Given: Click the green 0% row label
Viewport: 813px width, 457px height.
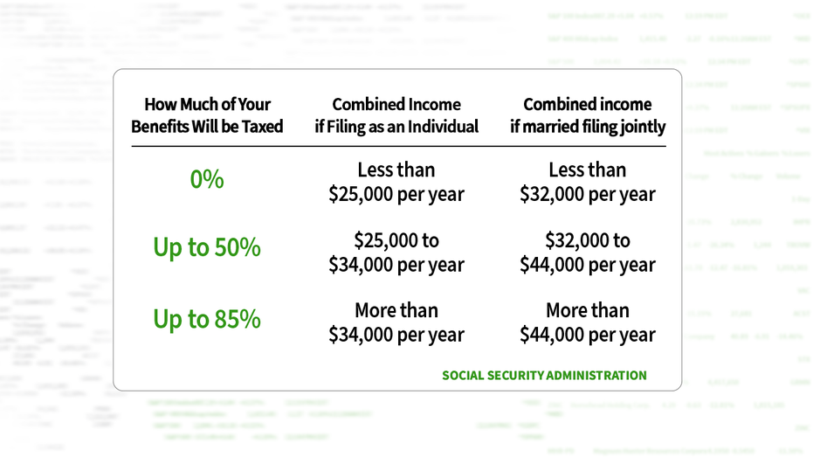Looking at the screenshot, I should [207, 179].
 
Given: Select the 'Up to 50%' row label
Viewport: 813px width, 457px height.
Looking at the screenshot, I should [207, 248].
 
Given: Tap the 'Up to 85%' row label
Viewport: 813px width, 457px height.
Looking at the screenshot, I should [207, 319].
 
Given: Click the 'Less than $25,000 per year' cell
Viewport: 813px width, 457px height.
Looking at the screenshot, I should [396, 182].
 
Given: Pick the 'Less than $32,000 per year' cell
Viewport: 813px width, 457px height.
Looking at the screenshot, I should [588, 182].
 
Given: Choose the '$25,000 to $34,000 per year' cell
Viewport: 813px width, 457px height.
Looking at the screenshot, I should [396, 253].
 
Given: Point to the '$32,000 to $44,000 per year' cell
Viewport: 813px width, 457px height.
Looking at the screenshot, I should [588, 253].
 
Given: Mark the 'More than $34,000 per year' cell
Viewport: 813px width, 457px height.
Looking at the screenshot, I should [396, 322].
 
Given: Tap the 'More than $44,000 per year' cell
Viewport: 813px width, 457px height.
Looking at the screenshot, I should [588, 322].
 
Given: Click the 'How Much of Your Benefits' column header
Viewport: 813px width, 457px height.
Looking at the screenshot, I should [207, 115].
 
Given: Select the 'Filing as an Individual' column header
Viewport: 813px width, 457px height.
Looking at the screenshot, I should [396, 115].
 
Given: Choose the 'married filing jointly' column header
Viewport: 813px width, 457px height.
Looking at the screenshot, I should [588, 115].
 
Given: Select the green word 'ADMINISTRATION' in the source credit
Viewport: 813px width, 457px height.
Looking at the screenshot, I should [596, 376].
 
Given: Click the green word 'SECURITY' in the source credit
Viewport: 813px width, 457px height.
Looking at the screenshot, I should [518, 376].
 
